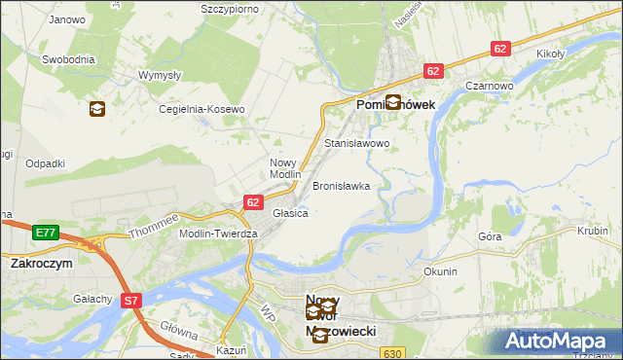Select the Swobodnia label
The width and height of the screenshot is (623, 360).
click(68, 59)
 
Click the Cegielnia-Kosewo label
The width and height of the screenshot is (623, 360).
click(202, 110)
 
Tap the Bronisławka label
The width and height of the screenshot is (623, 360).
click(341, 186)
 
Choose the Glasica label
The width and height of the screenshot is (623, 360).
click(290, 213)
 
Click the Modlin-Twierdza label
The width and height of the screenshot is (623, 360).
click(218, 234)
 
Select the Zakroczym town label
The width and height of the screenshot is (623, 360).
click(43, 263)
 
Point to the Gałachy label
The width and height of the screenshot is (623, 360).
click(92, 299)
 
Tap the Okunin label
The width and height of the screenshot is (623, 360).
click(440, 271)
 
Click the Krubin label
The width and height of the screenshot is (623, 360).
click(592, 231)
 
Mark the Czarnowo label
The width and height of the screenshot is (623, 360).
click(489, 86)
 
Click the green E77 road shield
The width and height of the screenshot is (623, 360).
click(45, 233)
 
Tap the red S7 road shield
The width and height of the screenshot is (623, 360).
click(132, 302)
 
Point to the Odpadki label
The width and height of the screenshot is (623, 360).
click(46, 163)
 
